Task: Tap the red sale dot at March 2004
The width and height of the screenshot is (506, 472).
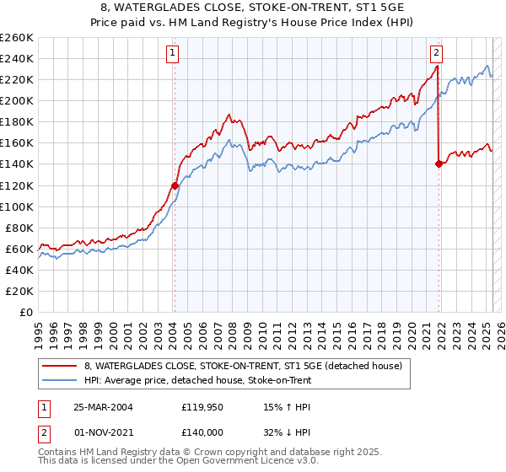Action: click(x=175, y=185)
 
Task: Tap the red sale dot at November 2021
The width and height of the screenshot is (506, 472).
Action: click(x=439, y=164)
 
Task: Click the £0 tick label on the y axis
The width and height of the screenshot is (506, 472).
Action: click(x=27, y=312)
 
